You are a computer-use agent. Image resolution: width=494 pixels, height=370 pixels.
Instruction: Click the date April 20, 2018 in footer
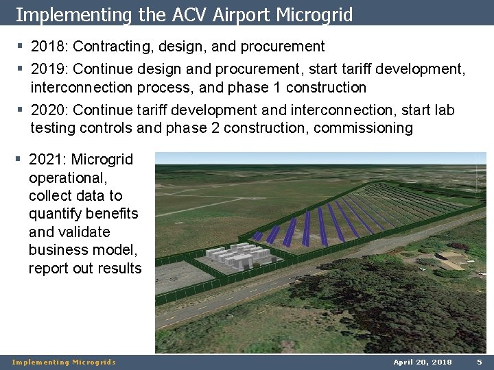423,362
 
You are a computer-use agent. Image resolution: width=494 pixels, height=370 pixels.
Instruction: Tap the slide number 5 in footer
480,362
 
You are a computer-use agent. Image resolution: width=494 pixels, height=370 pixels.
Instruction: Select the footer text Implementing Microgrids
64,362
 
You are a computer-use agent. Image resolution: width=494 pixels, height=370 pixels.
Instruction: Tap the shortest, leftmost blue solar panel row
258,236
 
